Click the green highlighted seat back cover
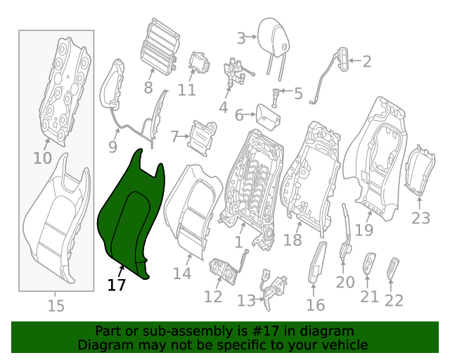pos(130,218)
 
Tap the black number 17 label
pos(117,285)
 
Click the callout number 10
pos(42,157)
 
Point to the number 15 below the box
pos(56,306)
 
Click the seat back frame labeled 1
pos(250,183)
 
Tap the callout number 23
pos(420,218)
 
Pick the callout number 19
pos(364,230)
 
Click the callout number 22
pos(394,300)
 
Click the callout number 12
pos(212,296)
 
